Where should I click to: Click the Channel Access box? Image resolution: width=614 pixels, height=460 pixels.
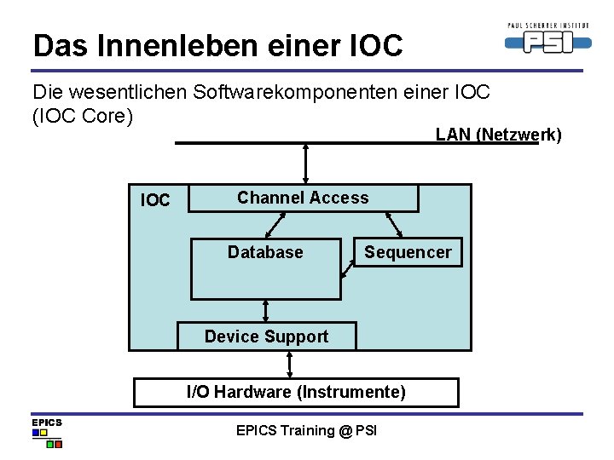pyautogui.click(x=303, y=198)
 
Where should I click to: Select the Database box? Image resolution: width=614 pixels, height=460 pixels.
pyautogui.click(x=265, y=269)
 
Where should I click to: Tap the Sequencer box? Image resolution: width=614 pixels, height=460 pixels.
pyautogui.click(x=408, y=252)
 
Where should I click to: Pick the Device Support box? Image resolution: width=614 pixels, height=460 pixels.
pyautogui.click(x=266, y=336)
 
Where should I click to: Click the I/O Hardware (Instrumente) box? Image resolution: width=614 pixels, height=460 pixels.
pyautogui.click(x=296, y=393)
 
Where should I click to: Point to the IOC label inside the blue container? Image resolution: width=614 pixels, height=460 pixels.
pyautogui.click(x=155, y=201)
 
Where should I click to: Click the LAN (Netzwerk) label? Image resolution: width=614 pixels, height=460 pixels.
pyautogui.click(x=498, y=134)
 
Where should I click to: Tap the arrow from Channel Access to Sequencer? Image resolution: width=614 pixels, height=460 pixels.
pyautogui.click(x=393, y=224)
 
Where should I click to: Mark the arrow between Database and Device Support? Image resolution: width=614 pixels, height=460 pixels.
pyautogui.click(x=266, y=311)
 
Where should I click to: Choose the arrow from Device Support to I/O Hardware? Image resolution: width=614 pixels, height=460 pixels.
pyautogui.click(x=290, y=364)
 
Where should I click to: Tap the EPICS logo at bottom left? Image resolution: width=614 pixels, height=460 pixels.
pyautogui.click(x=47, y=433)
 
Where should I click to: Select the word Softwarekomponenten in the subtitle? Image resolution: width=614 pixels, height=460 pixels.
pyautogui.click(x=293, y=92)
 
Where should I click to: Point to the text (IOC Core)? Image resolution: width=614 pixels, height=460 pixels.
pyautogui.click(x=83, y=115)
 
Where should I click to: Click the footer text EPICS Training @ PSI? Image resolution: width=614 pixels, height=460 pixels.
pyautogui.click(x=306, y=430)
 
